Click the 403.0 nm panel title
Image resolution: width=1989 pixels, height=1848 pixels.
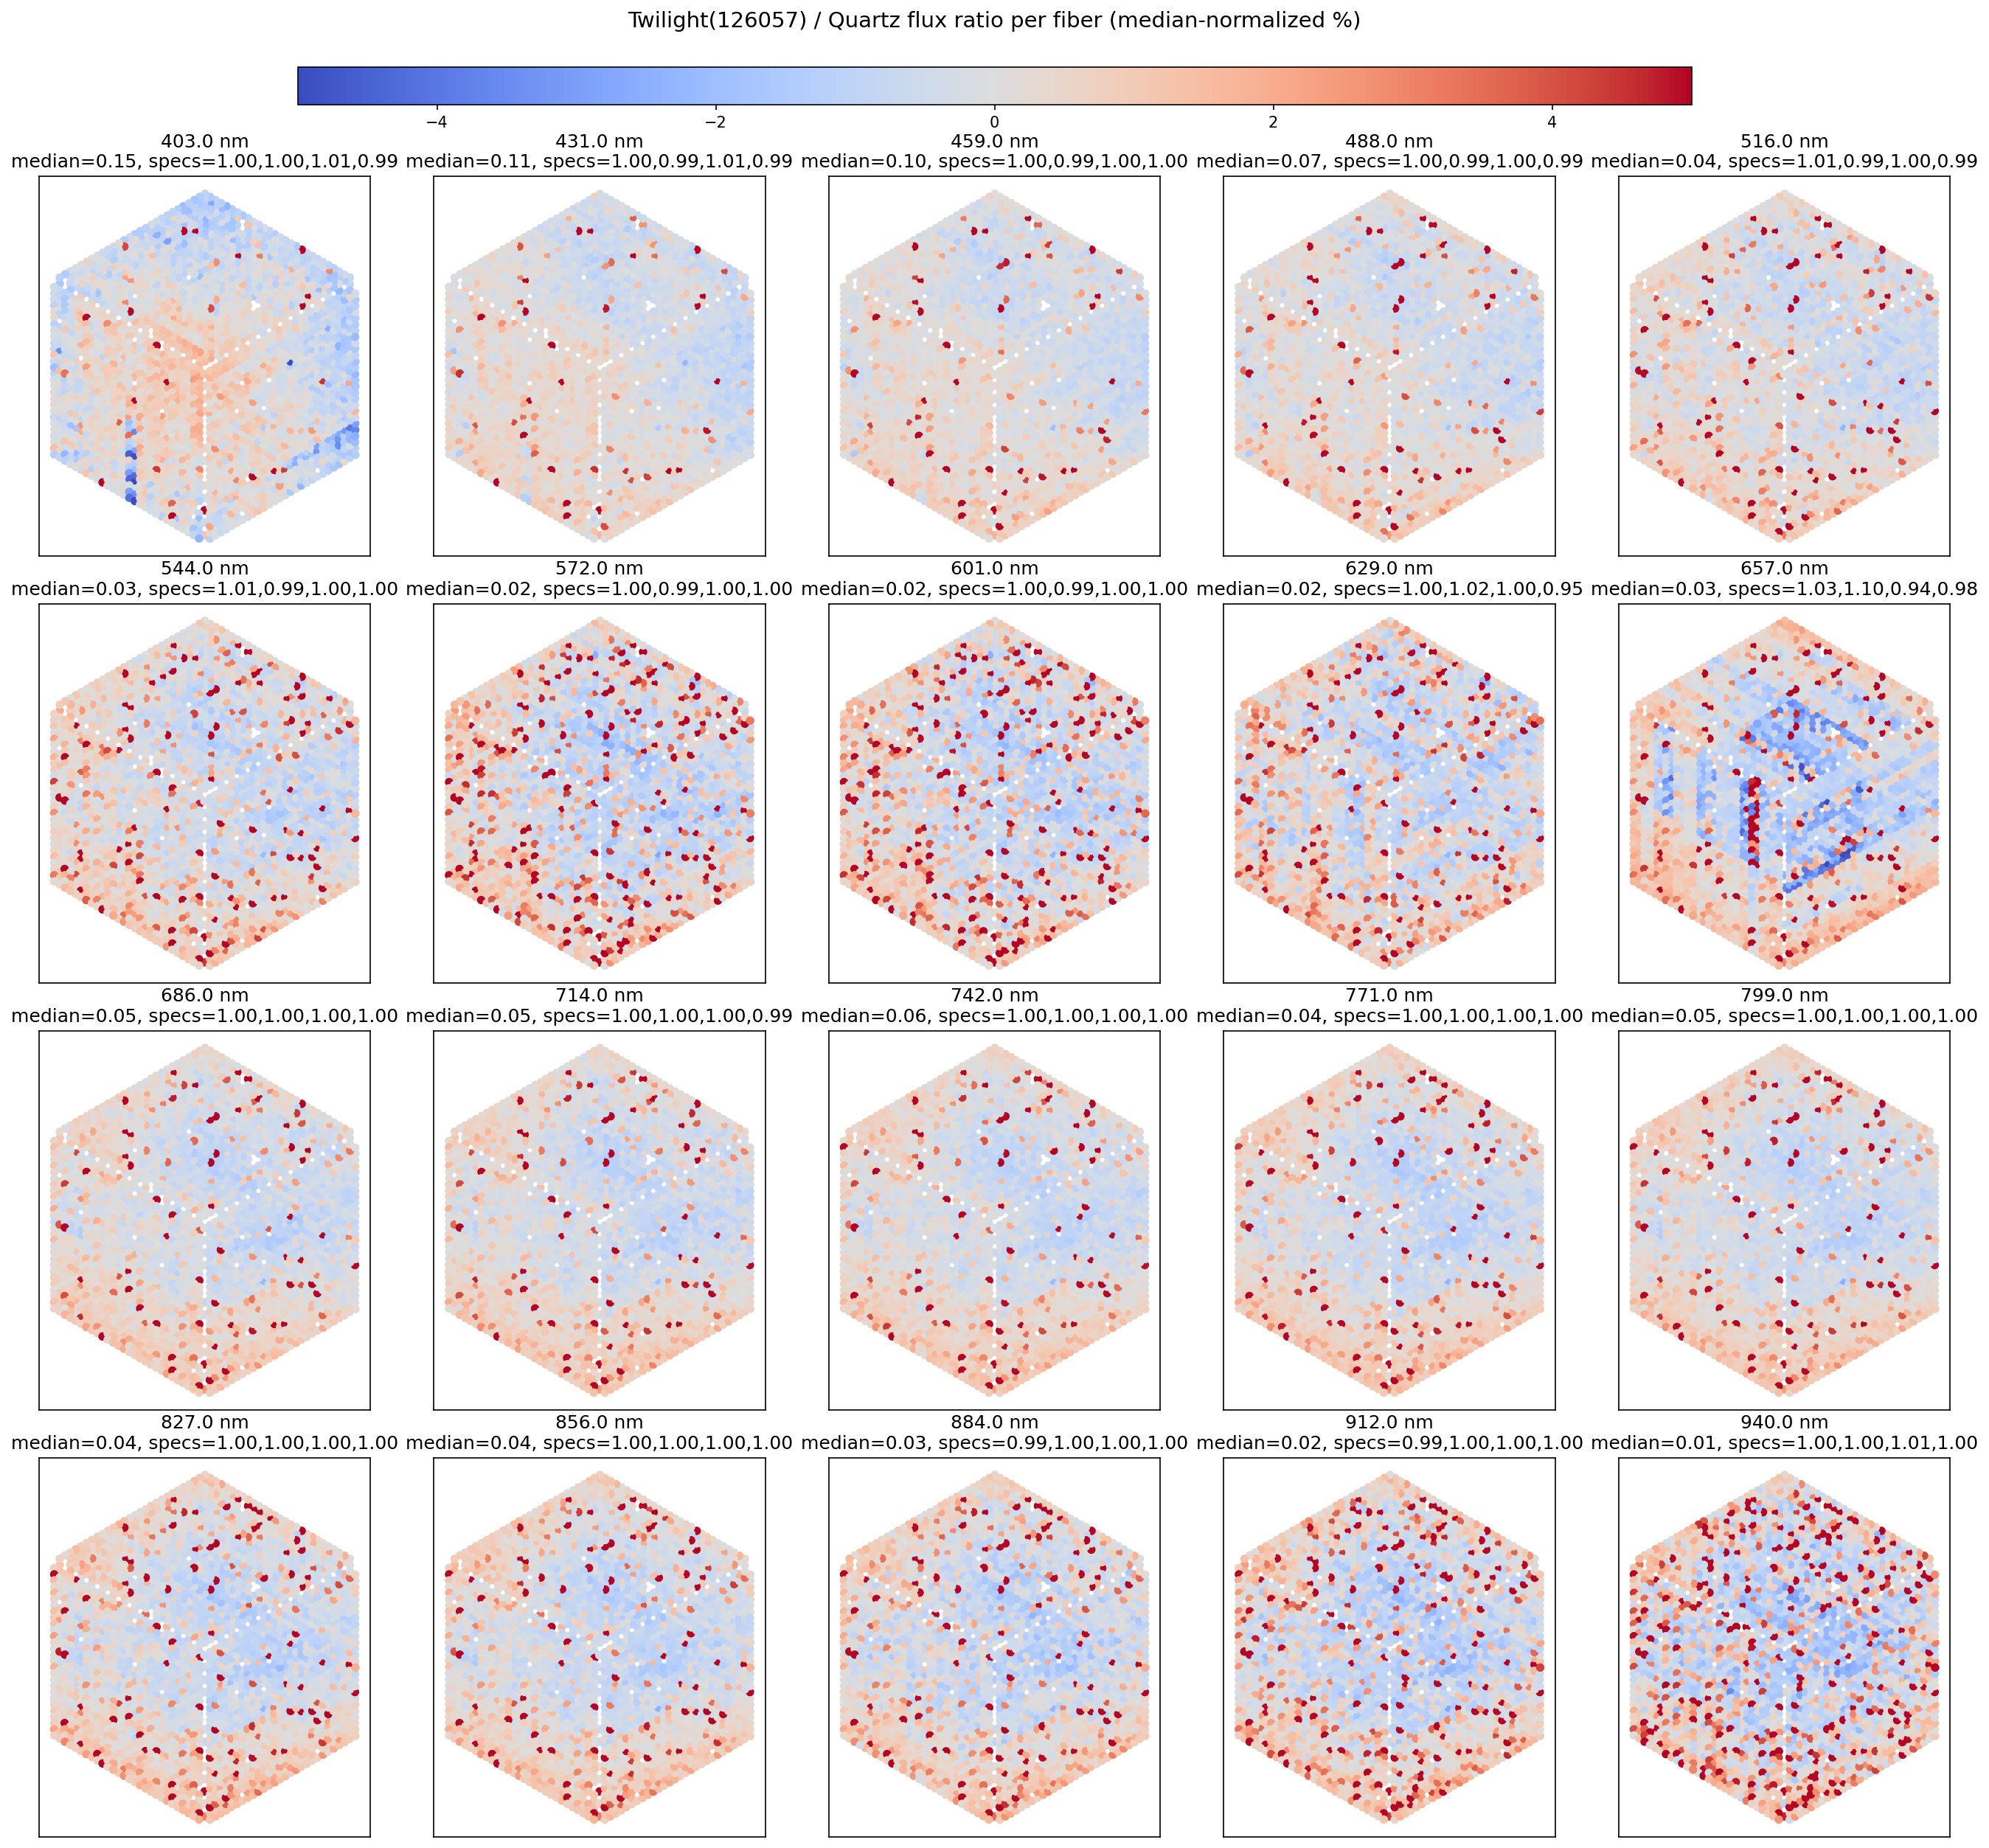[x=204, y=142]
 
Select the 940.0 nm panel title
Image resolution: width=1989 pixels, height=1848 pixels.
[x=1783, y=1422]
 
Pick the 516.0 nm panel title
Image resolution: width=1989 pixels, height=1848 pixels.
[x=1783, y=142]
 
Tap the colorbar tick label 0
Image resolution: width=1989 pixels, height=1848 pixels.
[x=994, y=122]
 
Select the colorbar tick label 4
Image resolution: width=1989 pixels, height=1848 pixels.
[x=1551, y=122]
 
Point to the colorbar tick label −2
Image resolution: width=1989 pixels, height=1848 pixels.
[x=715, y=122]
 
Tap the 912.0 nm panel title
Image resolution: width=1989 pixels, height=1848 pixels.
[x=1388, y=1422]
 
